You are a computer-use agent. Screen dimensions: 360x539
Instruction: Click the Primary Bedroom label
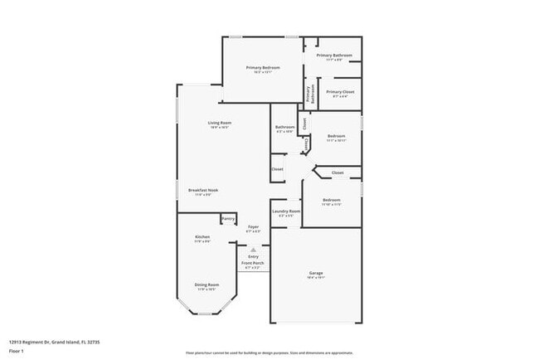262,69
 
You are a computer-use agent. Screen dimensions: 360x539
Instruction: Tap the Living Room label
219,125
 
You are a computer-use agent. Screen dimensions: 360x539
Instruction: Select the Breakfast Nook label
202,192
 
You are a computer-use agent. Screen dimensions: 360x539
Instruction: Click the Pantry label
228,218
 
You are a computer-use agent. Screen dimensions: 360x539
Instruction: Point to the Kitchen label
202,239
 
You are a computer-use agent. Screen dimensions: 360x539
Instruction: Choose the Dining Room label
206,286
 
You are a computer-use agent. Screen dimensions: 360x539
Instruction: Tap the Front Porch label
253,265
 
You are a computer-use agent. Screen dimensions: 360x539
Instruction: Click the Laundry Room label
285,213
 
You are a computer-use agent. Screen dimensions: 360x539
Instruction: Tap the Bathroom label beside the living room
285,129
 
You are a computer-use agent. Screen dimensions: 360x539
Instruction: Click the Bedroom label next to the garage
332,202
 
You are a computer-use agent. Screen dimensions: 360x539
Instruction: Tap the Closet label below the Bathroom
277,169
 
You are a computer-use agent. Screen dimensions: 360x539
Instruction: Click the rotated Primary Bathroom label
310,95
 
